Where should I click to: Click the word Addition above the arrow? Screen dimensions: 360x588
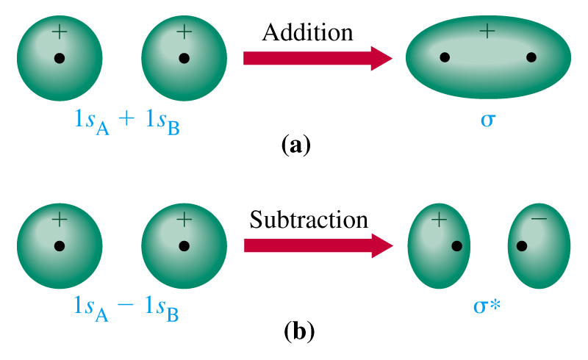(x=308, y=32)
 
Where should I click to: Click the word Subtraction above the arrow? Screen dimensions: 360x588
(x=308, y=219)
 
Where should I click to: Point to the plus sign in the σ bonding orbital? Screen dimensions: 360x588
(x=487, y=31)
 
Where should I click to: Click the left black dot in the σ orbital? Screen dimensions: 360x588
(x=444, y=57)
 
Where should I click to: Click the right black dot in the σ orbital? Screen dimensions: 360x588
(x=531, y=57)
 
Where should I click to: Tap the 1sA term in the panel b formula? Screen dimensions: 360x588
(x=91, y=309)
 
